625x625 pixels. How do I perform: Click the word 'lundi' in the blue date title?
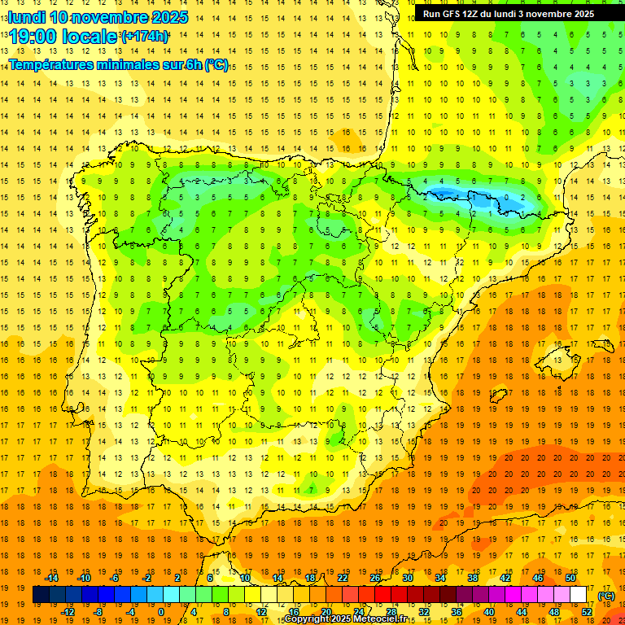26,17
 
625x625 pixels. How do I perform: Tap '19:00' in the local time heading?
30,37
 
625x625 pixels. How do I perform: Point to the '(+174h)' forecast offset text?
145,37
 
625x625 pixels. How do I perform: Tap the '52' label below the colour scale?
586,612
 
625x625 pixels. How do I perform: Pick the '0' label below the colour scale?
161,612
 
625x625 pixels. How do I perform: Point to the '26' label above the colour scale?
375,577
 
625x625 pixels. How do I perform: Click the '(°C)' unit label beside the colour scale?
605,596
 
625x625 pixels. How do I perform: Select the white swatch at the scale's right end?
578,595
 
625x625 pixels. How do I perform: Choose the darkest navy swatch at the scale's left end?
41,595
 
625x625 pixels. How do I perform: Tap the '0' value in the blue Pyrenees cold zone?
508,197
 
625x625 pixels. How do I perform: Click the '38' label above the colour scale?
473,577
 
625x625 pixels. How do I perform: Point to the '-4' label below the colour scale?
129,612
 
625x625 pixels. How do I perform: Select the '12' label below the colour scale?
261,612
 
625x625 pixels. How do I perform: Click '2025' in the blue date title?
169,17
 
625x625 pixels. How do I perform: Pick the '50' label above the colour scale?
570,577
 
